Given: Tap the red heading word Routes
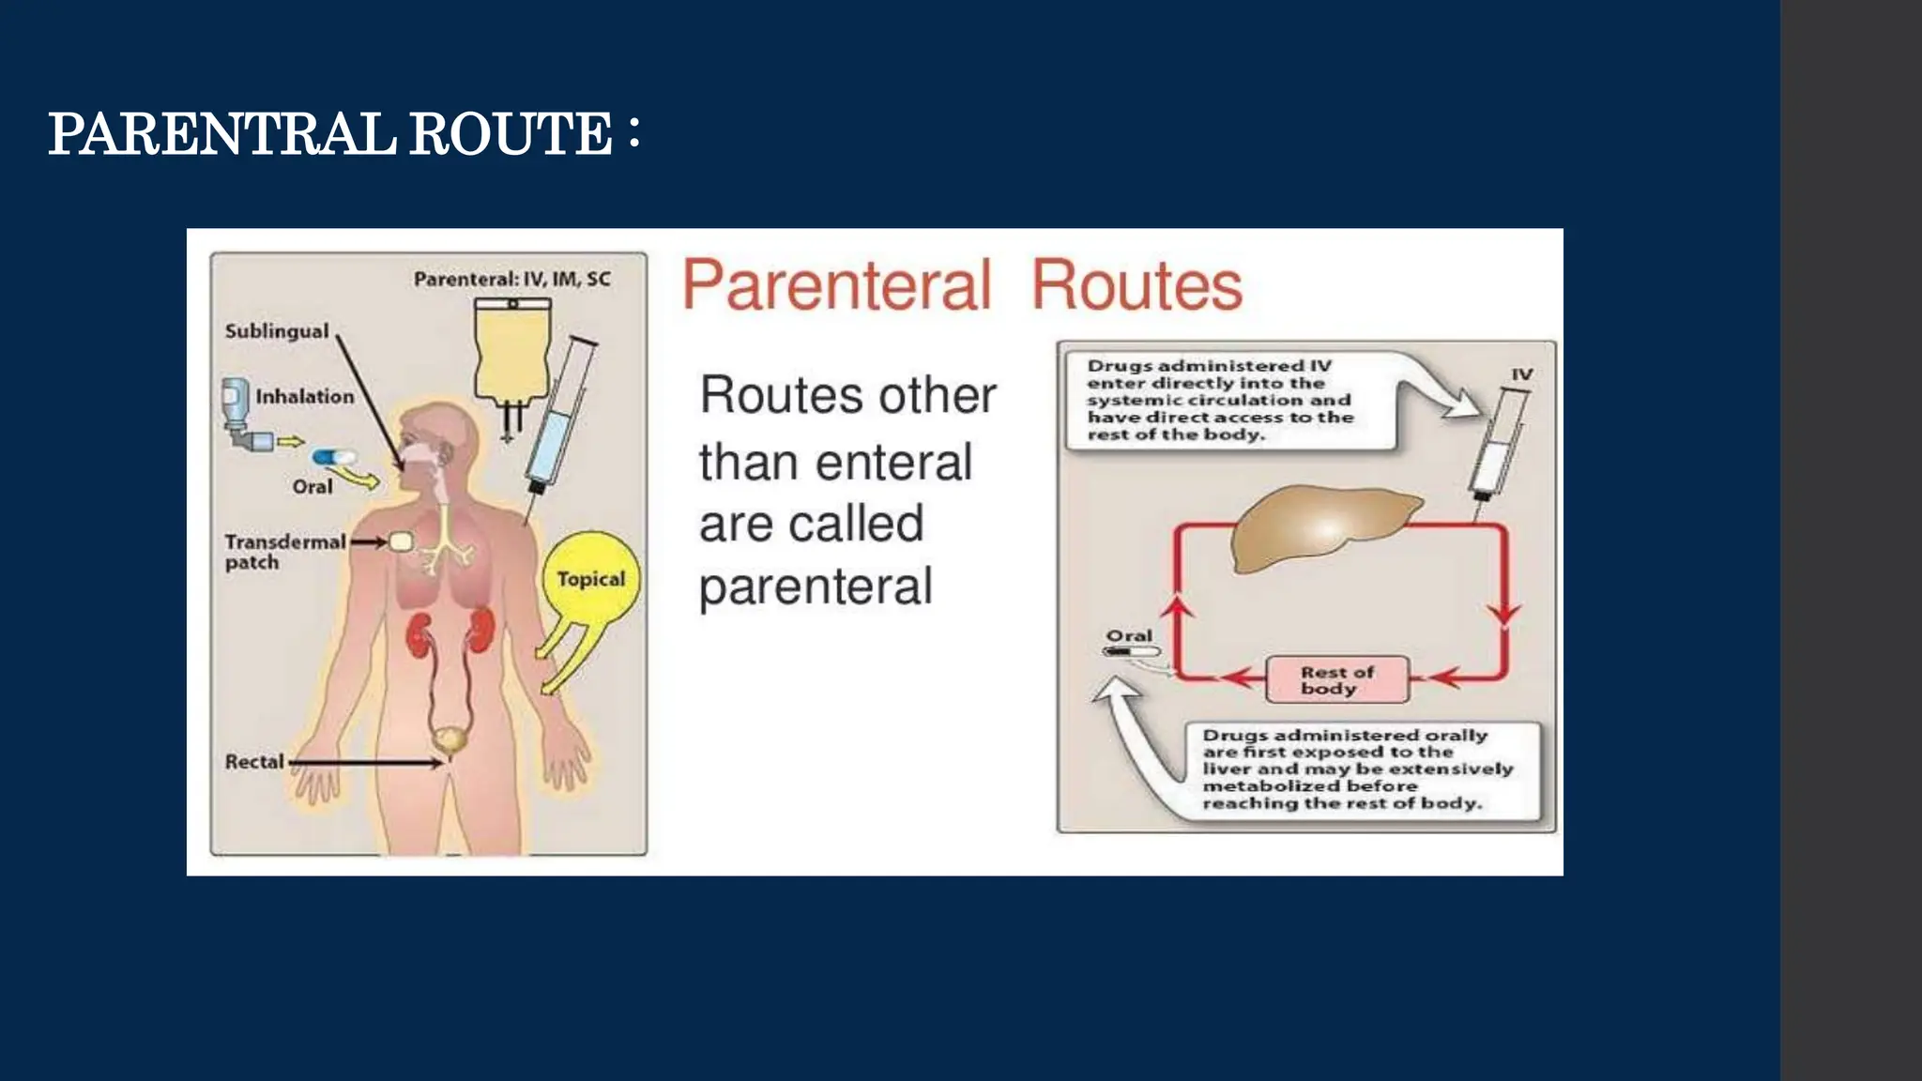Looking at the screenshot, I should [1136, 285].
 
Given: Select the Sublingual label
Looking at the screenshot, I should [277, 331].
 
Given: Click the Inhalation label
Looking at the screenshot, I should [305, 397].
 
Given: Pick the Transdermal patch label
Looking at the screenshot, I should [284, 552].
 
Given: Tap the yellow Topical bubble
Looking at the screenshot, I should [590, 579].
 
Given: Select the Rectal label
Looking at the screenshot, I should [254, 762].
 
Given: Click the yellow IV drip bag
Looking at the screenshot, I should [512, 352].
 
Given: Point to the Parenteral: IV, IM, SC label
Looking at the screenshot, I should [512, 279].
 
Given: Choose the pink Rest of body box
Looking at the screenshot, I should [1337, 679].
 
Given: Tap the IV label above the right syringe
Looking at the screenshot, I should [1521, 374].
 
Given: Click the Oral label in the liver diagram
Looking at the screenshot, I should [1129, 636].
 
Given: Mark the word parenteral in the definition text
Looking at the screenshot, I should [816, 587].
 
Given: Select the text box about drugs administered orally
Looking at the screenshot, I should [1358, 769].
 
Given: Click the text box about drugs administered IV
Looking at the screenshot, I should [1229, 400].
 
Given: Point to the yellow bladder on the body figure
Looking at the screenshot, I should [451, 738].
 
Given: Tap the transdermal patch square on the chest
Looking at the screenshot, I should [402, 541].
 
